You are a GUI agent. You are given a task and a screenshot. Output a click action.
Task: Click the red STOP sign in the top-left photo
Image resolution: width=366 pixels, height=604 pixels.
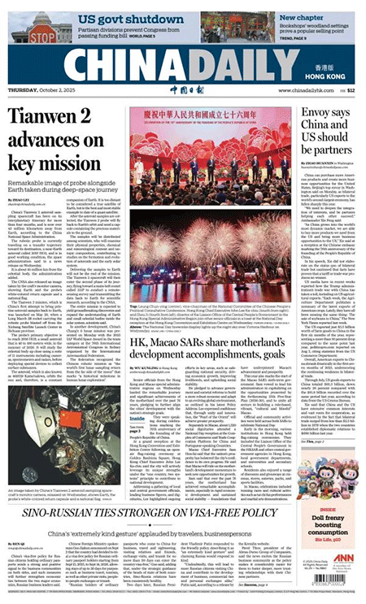41,33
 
